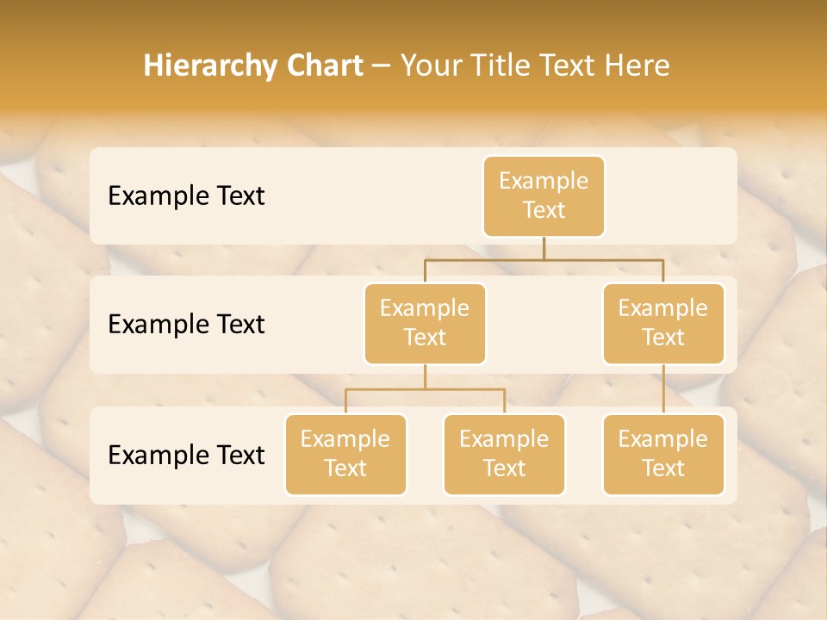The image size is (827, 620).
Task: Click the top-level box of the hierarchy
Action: point(544,195)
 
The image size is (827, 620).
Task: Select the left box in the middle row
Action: point(425,323)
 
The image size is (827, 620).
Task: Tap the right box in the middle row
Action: point(663,323)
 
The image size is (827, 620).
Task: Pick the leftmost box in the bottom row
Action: point(345,454)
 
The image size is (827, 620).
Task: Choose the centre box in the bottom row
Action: point(504,454)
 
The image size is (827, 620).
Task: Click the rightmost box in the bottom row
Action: point(663,454)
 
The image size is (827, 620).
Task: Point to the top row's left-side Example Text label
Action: point(186,196)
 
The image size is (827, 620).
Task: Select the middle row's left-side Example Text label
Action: point(186,325)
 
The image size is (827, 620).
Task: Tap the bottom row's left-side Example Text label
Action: point(186,456)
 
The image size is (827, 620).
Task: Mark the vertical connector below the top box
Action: point(544,248)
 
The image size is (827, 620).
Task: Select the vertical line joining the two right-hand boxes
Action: point(663,389)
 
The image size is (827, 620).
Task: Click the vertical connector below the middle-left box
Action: point(425,376)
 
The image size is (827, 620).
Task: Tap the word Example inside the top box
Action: point(544,181)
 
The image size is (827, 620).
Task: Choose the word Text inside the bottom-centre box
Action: point(504,468)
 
